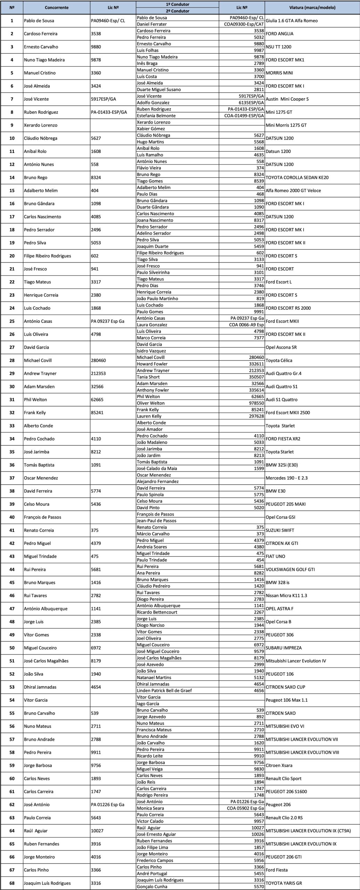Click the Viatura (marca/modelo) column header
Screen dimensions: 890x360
coord(312,7)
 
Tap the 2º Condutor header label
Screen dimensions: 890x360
coord(177,11)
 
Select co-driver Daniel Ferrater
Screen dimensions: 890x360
coord(152,24)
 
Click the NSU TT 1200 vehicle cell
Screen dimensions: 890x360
coord(278,47)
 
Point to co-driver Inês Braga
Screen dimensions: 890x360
coord(147,63)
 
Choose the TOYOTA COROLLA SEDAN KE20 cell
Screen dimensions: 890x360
coord(297,177)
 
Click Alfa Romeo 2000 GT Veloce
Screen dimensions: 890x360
coord(293,191)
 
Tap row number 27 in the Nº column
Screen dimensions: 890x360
coord(12,347)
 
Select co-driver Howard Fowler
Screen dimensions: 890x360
coord(150,364)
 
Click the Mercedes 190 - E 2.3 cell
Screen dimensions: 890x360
coord(286,478)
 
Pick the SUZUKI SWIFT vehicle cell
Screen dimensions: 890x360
coord(280,530)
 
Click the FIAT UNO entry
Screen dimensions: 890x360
coord(275,556)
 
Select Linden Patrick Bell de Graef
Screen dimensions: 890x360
coord(164,690)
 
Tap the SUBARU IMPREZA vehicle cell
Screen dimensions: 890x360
coord(284,648)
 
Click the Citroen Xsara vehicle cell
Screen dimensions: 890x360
coord(279,766)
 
